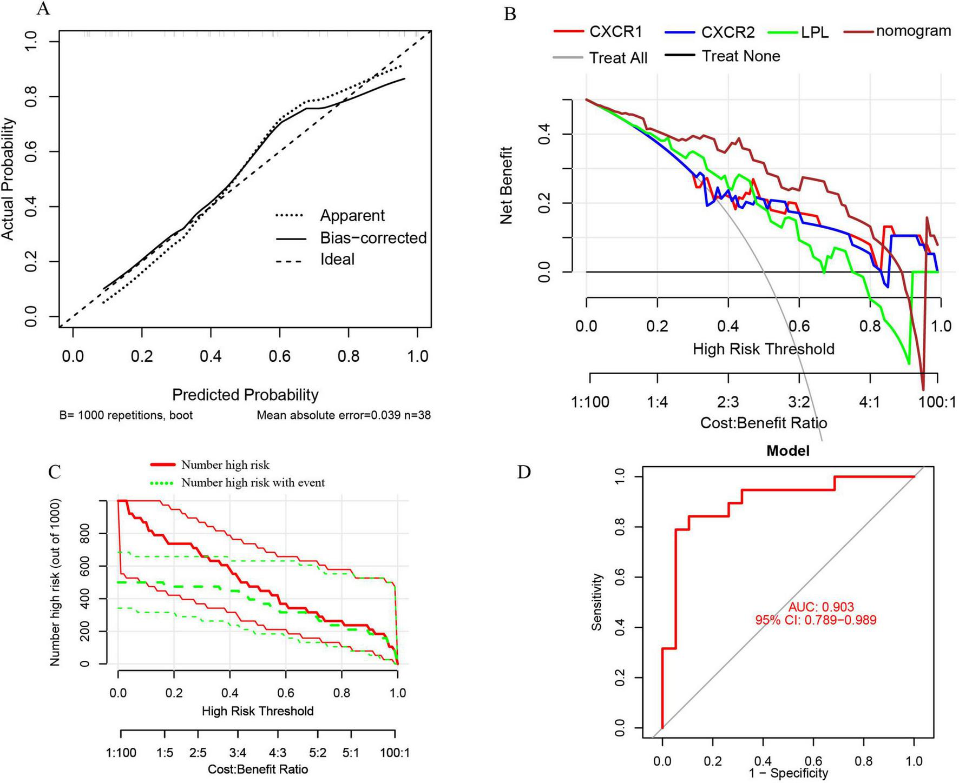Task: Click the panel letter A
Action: [x=43, y=8]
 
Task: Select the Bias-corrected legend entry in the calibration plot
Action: [x=373, y=238]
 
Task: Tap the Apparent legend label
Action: [x=352, y=215]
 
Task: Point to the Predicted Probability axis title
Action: [x=245, y=395]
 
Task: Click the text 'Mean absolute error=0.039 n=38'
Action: [x=344, y=415]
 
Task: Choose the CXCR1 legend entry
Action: [x=615, y=32]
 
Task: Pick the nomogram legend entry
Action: [x=913, y=31]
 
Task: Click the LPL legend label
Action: [x=814, y=32]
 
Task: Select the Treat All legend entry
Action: [x=618, y=58]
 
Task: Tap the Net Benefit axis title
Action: [x=507, y=185]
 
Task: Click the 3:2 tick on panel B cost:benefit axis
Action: [x=799, y=402]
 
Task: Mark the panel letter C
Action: [x=54, y=472]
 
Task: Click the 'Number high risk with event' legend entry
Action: [x=253, y=482]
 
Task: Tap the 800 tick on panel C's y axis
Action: [x=86, y=533]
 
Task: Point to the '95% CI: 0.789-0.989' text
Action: [x=816, y=620]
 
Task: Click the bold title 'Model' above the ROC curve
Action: [x=787, y=450]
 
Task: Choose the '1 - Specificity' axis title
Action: [x=788, y=773]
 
